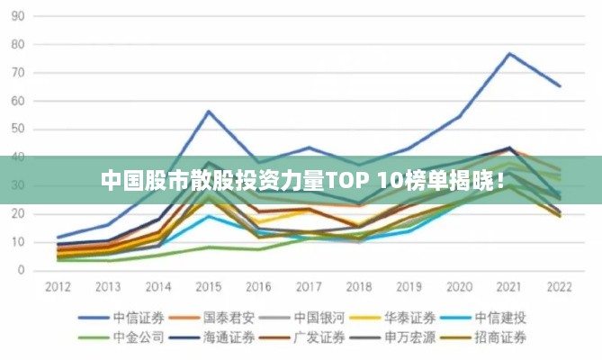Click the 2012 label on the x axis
58,286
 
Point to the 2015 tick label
208,286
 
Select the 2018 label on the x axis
358,286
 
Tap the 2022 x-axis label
559,286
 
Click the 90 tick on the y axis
17,16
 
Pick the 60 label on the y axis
17,101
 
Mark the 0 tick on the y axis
21,270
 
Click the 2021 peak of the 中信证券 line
509,53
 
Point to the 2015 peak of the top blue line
209,111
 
